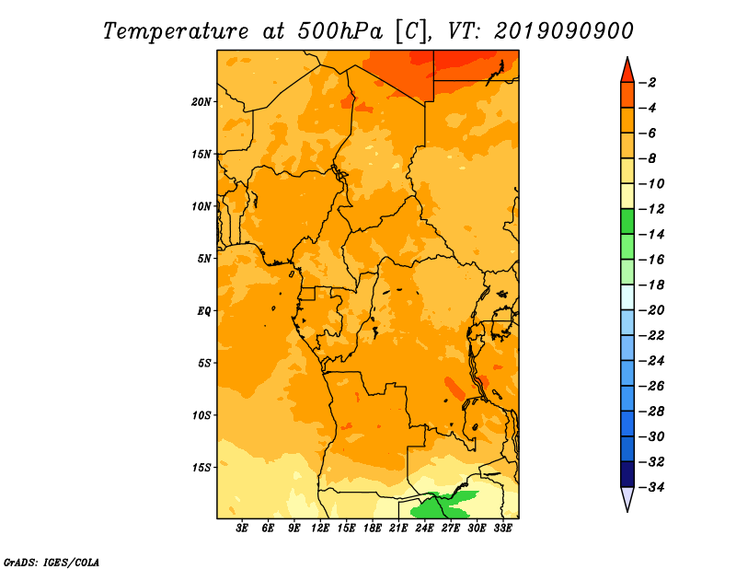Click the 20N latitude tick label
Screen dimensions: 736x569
point(201,102)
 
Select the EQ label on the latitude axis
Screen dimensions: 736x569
point(204,311)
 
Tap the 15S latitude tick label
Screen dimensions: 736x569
point(201,468)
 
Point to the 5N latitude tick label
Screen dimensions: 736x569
point(204,259)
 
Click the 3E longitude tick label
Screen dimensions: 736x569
point(242,528)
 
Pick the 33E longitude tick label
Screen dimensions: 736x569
point(502,528)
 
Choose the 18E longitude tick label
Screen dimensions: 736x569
point(373,528)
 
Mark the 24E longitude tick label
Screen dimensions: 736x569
point(424,528)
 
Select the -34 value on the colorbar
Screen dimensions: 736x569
point(651,487)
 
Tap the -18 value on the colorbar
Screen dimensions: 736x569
point(651,285)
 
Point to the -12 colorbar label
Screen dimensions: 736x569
point(651,209)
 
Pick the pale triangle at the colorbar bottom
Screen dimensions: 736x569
point(627,497)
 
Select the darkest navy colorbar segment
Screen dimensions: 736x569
point(627,474)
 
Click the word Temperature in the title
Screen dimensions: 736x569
point(175,31)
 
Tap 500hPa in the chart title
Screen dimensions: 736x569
point(339,31)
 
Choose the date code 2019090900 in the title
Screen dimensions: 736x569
point(563,31)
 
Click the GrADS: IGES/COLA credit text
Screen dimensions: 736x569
point(52,562)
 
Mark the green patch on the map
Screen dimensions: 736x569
point(442,505)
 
